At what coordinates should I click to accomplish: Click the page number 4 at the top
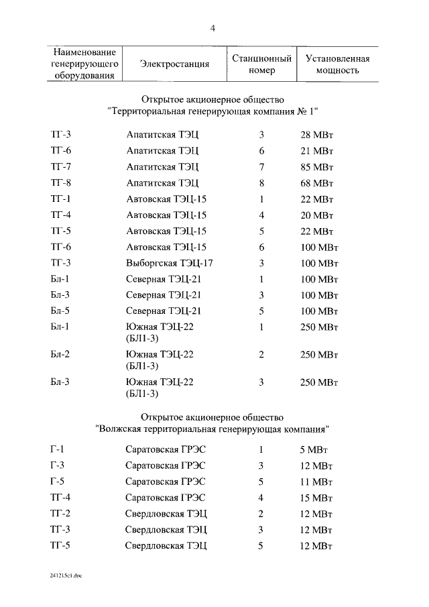(x=213, y=28)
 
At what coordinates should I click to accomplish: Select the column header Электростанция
(x=174, y=64)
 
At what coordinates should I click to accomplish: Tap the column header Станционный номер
(x=261, y=64)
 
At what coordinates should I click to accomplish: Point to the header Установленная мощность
(x=337, y=64)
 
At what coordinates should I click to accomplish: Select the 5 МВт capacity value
(x=314, y=449)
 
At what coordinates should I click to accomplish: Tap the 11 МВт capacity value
(x=316, y=482)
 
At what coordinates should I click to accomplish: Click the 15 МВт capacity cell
(x=316, y=498)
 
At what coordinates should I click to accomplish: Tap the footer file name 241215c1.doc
(x=65, y=575)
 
